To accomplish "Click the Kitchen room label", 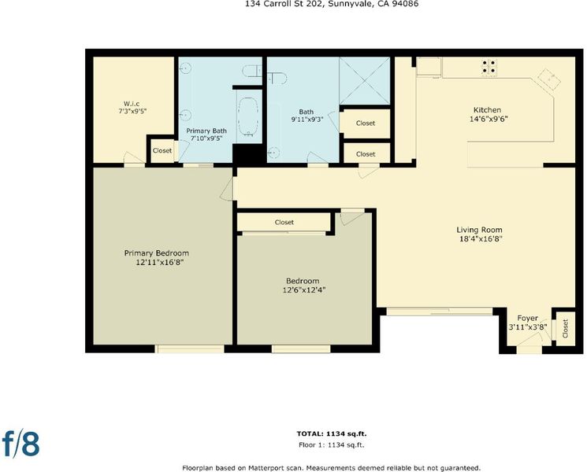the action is [487, 110].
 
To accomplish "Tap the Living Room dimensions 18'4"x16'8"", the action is [481, 239].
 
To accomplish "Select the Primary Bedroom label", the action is [157, 253].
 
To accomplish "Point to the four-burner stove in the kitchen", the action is [489, 67].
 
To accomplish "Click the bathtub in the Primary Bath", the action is [247, 116].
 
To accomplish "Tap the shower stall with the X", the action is [364, 81].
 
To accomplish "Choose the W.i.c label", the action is [132, 104].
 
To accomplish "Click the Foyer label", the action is [527, 319].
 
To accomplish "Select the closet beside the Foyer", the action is [564, 328].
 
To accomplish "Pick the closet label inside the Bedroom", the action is [284, 222].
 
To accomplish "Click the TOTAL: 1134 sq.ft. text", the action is [332, 434].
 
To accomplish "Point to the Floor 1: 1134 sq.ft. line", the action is [332, 445].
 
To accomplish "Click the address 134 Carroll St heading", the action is [332, 4].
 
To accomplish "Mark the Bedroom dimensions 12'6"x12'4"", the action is [304, 290].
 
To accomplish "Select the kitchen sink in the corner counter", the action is [549, 79].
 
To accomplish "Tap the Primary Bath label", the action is [206, 131].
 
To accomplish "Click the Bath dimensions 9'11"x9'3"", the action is [307, 120].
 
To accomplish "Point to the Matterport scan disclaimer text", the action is [331, 468].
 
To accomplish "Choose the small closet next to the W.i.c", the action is [162, 150].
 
